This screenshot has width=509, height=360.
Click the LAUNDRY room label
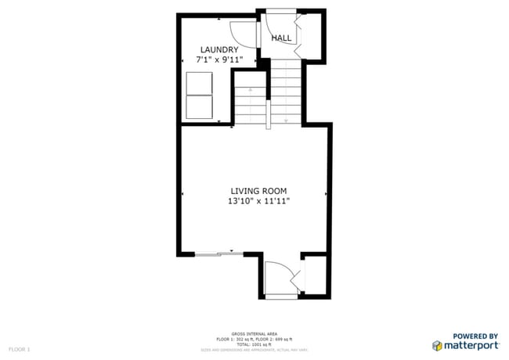pyautogui.click(x=218, y=49)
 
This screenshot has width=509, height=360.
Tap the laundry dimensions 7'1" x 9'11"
pyautogui.click(x=218, y=59)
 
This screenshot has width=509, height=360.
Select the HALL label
pyautogui.click(x=281, y=38)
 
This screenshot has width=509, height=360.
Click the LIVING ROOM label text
pyautogui.click(x=258, y=190)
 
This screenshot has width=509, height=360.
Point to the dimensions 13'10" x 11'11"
pyautogui.click(x=258, y=201)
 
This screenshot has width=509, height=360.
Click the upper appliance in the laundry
pyautogui.click(x=200, y=83)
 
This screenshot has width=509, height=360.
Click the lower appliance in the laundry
pyautogui.click(x=200, y=107)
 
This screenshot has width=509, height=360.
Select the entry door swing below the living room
pyautogui.click(x=280, y=279)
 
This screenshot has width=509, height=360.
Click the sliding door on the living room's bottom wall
pyautogui.click(x=218, y=253)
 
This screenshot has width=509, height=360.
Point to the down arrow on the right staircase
pyautogui.click(x=287, y=119)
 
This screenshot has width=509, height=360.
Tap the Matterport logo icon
pyautogui.click(x=436, y=345)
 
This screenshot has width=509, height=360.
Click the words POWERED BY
pyautogui.click(x=476, y=335)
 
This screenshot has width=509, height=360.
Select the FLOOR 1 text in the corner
pyautogui.click(x=19, y=348)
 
